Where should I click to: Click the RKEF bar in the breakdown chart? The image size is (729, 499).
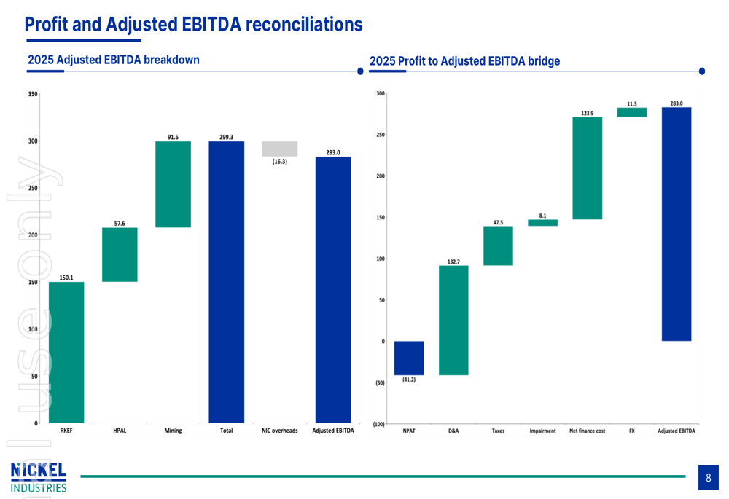(x=66, y=352)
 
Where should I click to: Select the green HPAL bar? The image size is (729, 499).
(x=120, y=254)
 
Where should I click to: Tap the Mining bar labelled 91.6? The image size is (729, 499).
(x=173, y=184)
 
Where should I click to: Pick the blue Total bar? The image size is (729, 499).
(x=226, y=282)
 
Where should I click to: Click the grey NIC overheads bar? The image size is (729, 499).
(x=280, y=149)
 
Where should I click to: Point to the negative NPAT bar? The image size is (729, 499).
(x=409, y=358)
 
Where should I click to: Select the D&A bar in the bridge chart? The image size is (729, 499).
(x=453, y=320)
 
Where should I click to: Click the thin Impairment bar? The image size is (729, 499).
(x=542, y=223)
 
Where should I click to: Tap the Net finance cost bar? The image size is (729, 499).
(x=588, y=168)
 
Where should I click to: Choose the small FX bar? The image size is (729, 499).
(x=632, y=112)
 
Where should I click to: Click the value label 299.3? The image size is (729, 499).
(x=226, y=137)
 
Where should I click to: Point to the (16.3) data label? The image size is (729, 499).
(x=280, y=162)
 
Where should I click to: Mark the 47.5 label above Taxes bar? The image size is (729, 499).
(x=498, y=222)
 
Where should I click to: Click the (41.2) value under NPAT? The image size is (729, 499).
(x=409, y=380)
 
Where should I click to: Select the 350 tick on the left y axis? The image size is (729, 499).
(x=33, y=94)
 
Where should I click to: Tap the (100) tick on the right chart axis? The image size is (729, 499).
(x=378, y=424)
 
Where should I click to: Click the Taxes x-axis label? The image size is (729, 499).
(x=498, y=431)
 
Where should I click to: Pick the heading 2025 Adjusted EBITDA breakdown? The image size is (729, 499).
(x=113, y=60)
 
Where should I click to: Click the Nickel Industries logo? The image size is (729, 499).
(x=39, y=477)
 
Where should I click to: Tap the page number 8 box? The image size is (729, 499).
(x=708, y=477)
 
